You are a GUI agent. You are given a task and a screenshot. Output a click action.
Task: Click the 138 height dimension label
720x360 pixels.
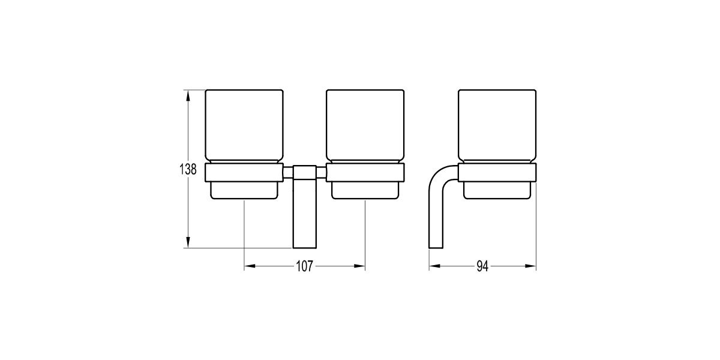pyautogui.click(x=188, y=169)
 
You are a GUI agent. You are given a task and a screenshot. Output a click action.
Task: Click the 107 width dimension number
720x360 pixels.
pyautogui.click(x=304, y=266)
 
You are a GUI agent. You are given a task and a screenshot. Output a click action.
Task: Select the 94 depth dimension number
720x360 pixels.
pyautogui.click(x=482, y=266)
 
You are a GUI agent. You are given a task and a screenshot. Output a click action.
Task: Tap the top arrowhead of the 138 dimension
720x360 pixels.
pyautogui.click(x=188, y=95)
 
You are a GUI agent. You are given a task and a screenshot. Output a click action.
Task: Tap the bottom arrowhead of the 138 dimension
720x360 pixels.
pyautogui.click(x=188, y=242)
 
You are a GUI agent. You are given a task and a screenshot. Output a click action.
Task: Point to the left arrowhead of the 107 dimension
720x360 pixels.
pyautogui.click(x=250, y=266)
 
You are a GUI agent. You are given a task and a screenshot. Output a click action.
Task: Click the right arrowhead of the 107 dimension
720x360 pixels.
pyautogui.click(x=359, y=266)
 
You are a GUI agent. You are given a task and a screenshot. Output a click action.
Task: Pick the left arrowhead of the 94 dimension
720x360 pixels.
pyautogui.click(x=434, y=266)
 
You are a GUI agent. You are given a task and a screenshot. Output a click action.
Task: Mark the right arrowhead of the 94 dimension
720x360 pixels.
pyautogui.click(x=530, y=266)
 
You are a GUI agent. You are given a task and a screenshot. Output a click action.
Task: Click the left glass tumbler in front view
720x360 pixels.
pyautogui.click(x=244, y=127)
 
